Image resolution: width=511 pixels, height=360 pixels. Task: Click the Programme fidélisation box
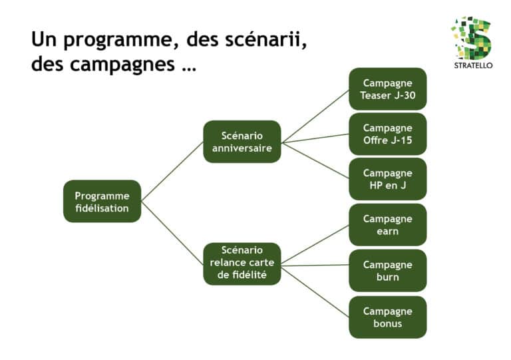(x=102, y=202)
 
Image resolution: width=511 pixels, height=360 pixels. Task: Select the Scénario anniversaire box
(x=242, y=142)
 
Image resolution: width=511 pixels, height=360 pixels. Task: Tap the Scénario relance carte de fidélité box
(x=242, y=264)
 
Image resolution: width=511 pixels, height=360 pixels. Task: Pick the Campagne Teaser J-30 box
(x=387, y=89)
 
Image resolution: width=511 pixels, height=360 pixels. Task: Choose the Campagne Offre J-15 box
(x=387, y=134)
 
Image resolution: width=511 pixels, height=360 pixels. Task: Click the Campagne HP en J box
(x=387, y=179)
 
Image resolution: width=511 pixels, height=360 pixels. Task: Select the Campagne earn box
(x=387, y=225)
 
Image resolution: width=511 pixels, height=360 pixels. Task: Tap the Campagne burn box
(x=387, y=270)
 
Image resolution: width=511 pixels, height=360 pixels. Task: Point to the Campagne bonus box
(x=387, y=317)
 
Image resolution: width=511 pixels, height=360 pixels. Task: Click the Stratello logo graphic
(x=472, y=38)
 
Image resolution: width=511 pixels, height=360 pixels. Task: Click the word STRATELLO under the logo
(x=473, y=65)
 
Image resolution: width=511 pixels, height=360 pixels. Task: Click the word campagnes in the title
(x=122, y=65)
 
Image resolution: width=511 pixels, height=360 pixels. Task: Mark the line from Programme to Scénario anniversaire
(x=172, y=172)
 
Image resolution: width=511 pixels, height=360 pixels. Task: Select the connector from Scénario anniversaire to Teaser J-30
(x=315, y=116)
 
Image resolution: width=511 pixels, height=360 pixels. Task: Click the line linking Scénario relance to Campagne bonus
(x=315, y=291)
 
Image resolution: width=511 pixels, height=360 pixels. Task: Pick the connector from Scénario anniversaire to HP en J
(x=315, y=160)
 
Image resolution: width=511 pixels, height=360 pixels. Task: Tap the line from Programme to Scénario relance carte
(x=172, y=233)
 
